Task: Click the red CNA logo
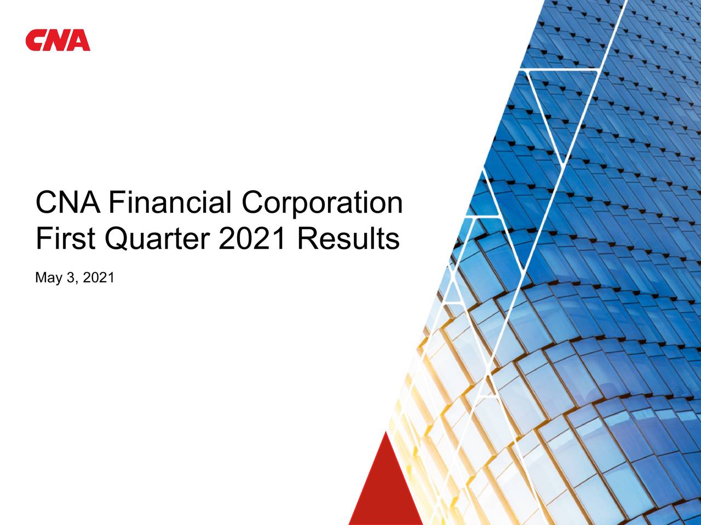[58, 40]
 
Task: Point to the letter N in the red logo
[57, 41]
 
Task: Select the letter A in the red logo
[79, 41]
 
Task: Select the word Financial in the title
[171, 203]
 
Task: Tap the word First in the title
[65, 239]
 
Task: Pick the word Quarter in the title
[158, 240]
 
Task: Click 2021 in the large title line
[252, 239]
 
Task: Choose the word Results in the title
[348, 239]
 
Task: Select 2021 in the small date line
[99, 278]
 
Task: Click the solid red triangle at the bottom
[386, 487]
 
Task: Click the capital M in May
[41, 278]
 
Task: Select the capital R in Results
[308, 239]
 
